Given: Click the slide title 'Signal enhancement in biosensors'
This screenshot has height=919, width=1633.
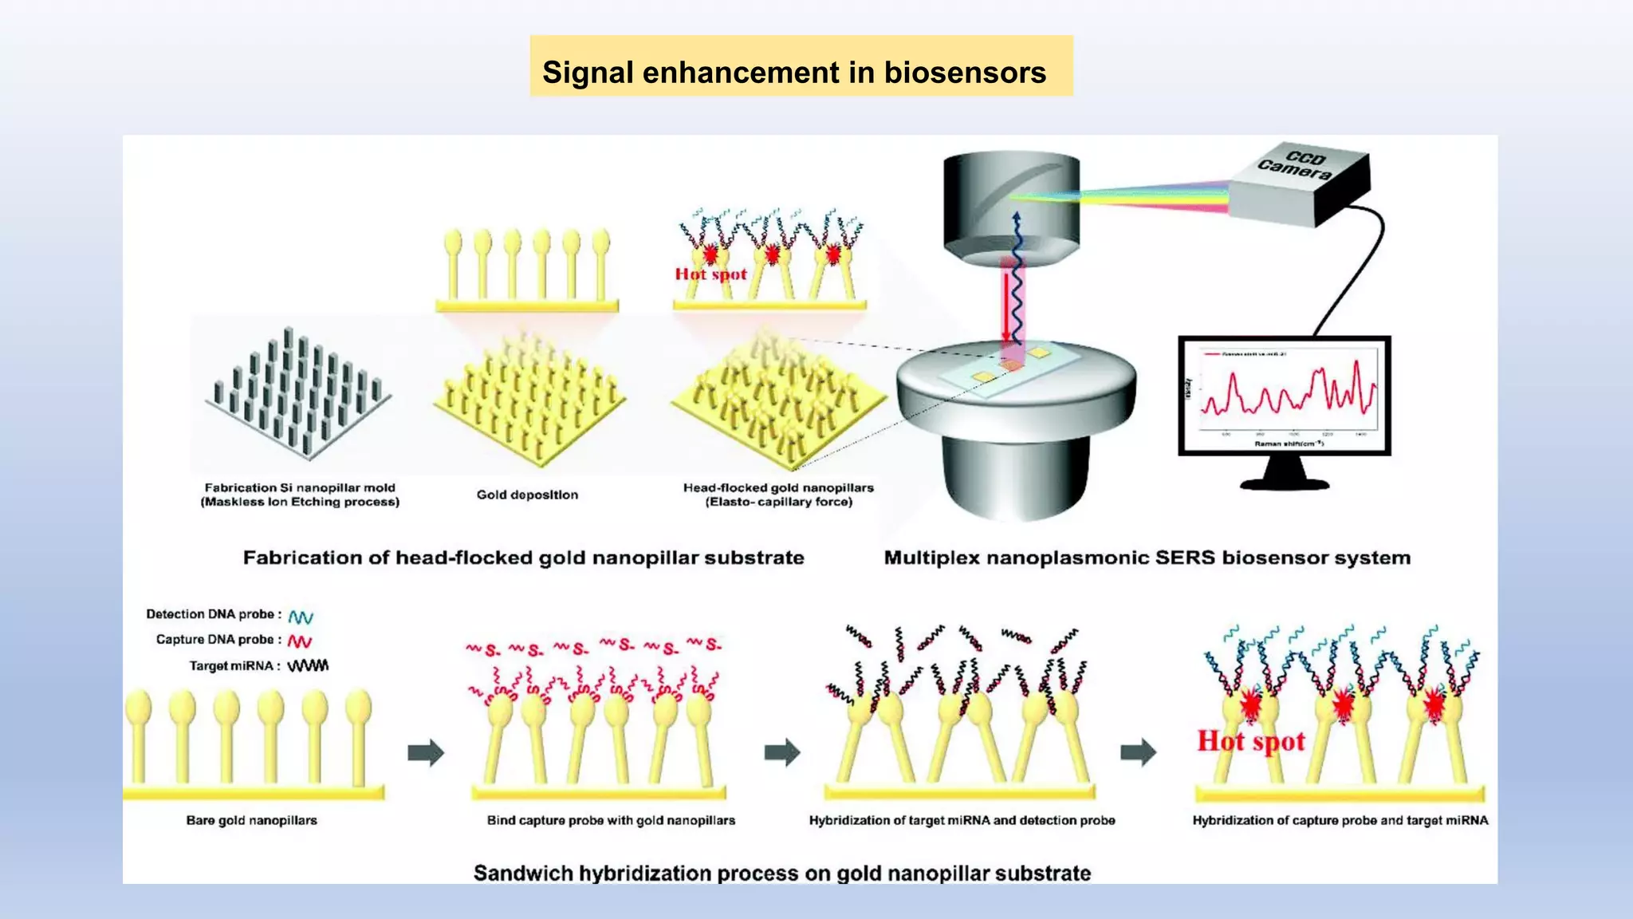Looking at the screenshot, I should (793, 73).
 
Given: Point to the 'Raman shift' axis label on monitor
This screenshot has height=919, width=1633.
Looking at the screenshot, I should (1289, 444).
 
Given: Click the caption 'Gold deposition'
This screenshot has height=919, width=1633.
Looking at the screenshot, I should (527, 495).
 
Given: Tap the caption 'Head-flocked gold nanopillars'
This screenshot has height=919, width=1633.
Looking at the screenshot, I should (778, 487).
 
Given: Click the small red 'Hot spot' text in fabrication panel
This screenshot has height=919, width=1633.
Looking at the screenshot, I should (710, 274).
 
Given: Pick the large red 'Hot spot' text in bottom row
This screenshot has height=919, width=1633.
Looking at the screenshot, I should (1250, 741).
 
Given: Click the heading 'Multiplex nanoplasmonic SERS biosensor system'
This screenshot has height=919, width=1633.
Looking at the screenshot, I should (1147, 558).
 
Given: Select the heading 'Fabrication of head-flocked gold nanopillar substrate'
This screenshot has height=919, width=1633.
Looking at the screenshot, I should (523, 558).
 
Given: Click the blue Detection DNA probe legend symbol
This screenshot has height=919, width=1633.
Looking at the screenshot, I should (301, 617).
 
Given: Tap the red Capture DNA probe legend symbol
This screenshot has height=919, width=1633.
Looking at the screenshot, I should (300, 641).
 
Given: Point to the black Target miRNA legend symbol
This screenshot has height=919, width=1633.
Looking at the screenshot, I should (308, 666).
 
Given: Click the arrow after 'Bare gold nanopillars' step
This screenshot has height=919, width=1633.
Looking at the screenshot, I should (425, 752).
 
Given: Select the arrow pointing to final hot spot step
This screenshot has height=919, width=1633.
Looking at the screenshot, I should (1138, 751).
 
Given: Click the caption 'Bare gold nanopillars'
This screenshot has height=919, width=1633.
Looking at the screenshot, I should (251, 820).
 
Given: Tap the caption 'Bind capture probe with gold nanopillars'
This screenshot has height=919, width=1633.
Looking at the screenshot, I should (611, 820).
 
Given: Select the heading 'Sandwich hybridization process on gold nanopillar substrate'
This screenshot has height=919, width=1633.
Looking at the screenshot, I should (781, 873).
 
